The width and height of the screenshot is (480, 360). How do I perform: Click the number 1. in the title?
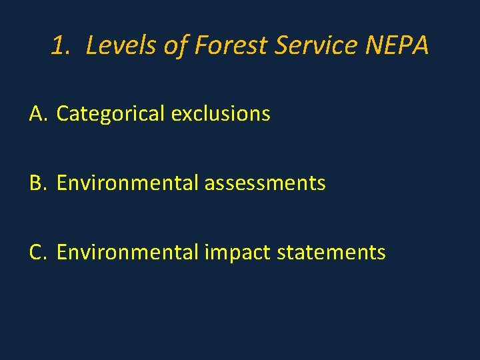click(x=61, y=46)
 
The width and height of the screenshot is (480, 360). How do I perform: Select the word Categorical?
click(x=111, y=114)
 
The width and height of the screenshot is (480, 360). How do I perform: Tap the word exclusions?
click(x=221, y=114)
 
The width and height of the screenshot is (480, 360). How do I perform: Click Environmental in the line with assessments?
click(x=127, y=183)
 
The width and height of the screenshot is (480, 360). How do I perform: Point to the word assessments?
click(x=265, y=183)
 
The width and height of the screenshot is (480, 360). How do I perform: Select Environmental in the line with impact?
click(x=127, y=252)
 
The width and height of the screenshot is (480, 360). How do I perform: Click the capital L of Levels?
click(x=92, y=46)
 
